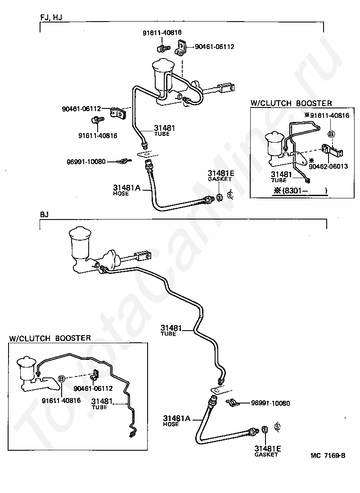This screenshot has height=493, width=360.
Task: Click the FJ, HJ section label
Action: point(51,17)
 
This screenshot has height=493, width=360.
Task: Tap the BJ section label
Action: point(45,215)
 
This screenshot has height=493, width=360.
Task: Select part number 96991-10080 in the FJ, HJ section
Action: point(86,162)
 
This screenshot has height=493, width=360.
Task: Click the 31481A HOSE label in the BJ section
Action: point(177,421)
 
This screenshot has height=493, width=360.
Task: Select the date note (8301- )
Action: point(300,191)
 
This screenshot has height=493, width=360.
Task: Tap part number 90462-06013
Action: point(328,166)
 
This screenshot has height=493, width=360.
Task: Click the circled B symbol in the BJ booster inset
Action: point(62,379)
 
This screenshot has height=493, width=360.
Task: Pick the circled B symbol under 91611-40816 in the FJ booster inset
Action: point(331,134)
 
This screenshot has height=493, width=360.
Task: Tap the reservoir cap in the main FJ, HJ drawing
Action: point(163,65)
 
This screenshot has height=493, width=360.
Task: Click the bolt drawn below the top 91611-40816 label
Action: point(163,49)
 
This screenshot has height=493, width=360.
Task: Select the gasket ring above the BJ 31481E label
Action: point(265,430)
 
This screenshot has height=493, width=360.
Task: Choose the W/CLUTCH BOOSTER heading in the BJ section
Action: point(50,338)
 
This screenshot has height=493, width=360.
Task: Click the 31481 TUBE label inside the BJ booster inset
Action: point(102,403)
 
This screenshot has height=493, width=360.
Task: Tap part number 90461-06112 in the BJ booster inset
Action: point(93,389)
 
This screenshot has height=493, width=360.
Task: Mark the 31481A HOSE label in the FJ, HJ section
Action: point(126,190)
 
